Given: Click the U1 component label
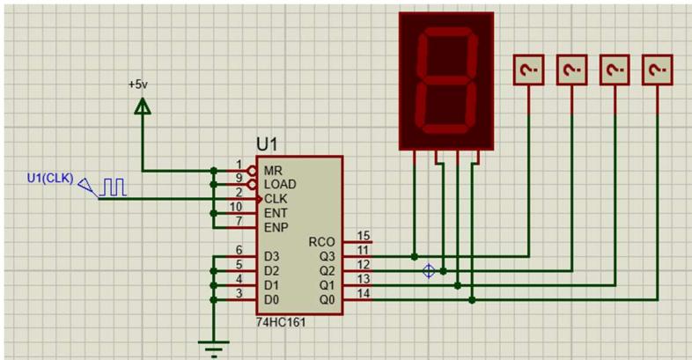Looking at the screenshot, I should [269, 143].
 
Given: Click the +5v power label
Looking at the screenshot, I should [138, 84].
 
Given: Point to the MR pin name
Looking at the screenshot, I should [273, 169].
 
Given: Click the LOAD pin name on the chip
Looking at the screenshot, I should [280, 184].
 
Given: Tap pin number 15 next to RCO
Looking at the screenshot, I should [363, 236].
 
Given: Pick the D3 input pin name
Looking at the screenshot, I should [271, 256].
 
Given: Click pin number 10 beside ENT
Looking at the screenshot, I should [236, 207].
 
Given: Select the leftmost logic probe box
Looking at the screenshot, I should [529, 70].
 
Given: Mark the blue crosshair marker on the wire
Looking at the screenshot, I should [429, 271].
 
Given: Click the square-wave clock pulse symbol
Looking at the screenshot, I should [114, 187].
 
